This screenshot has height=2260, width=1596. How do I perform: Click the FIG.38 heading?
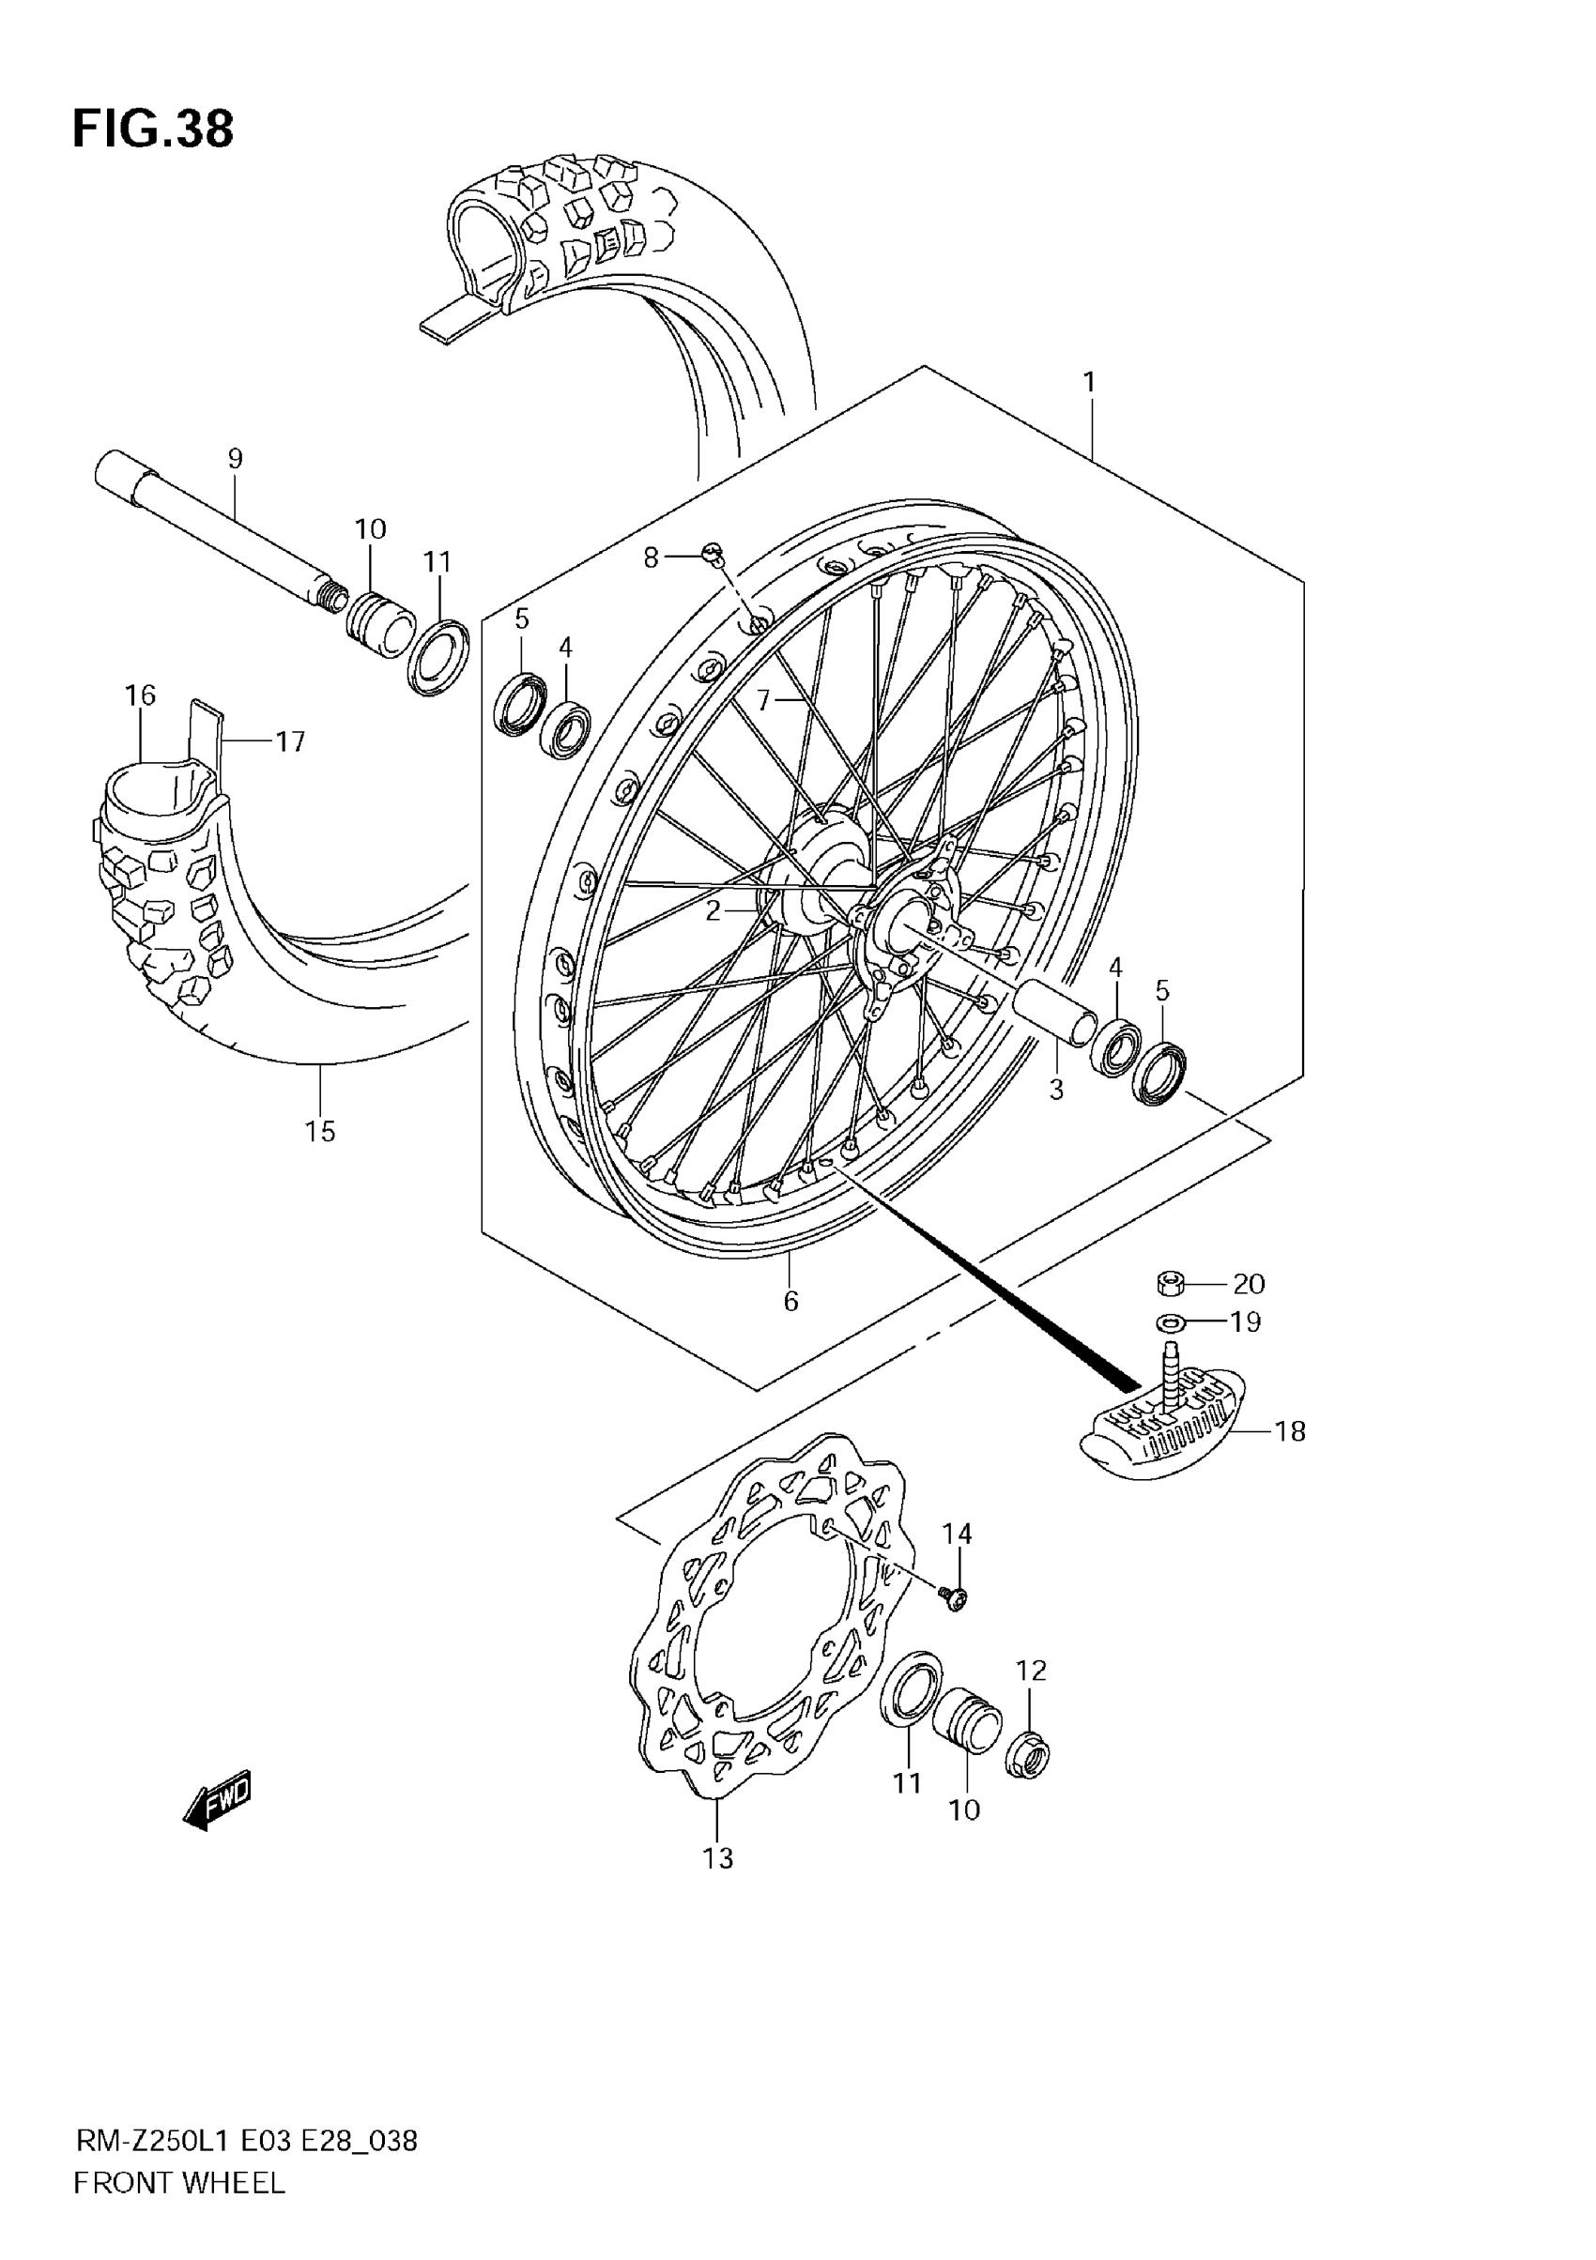(153, 129)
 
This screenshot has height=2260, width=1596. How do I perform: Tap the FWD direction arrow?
(219, 1800)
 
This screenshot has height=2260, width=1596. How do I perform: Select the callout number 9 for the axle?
(235, 459)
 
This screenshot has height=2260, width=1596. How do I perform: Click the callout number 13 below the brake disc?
(718, 1858)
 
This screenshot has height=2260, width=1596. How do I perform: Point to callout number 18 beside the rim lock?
(1290, 1431)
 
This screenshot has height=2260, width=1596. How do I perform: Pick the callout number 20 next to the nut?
(1249, 1284)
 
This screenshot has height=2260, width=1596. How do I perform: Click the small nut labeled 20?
(1169, 1283)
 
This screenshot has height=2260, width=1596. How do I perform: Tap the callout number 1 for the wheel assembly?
(1089, 382)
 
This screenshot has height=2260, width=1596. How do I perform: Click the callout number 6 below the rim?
(790, 1300)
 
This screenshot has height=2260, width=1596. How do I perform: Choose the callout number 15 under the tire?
(320, 1131)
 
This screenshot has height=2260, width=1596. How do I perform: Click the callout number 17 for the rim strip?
(290, 741)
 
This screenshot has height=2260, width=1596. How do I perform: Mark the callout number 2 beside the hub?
(713, 910)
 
